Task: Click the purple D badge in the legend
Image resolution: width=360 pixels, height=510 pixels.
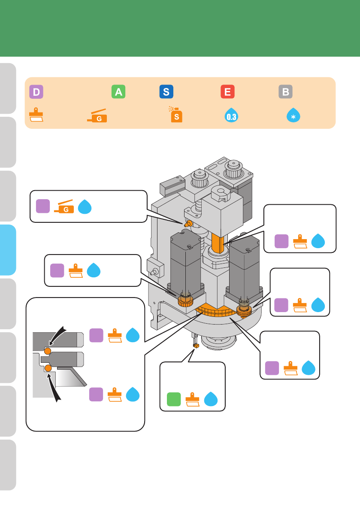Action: pyautogui.click(x=36, y=92)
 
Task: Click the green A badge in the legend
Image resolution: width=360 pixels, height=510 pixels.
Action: pyautogui.click(x=118, y=92)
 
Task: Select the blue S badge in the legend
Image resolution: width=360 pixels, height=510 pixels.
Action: pyautogui.click(x=166, y=92)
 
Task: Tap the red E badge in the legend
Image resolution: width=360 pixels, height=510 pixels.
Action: pyautogui.click(x=227, y=92)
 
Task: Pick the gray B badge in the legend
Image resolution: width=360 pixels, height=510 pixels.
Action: pyautogui.click(x=285, y=92)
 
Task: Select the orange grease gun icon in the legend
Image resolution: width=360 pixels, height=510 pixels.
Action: pyautogui.click(x=97, y=116)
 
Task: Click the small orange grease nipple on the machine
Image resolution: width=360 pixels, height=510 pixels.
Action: pyautogui.click(x=188, y=224)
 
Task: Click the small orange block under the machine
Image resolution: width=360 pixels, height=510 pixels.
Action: pyautogui.click(x=196, y=345)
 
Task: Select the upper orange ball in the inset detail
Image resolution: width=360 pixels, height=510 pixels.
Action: pyautogui.click(x=48, y=352)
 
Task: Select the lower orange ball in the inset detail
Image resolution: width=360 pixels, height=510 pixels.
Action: pyautogui.click(x=48, y=368)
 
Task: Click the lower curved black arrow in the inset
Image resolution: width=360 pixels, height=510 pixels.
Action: pyautogui.click(x=56, y=387)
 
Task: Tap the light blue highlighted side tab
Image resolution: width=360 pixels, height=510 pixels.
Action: pyautogui.click(x=8, y=250)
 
